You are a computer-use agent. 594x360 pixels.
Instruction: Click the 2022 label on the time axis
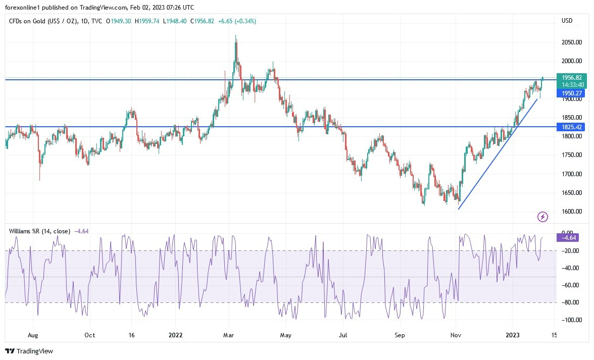[175, 335]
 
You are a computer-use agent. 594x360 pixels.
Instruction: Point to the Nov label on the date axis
[456, 335]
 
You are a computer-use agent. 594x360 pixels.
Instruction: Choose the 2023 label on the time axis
[513, 335]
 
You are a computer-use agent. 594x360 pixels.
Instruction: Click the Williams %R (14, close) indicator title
[39, 231]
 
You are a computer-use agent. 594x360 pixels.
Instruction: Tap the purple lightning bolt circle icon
[542, 217]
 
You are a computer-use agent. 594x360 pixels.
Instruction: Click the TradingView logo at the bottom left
[29, 351]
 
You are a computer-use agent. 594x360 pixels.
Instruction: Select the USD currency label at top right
[567, 21]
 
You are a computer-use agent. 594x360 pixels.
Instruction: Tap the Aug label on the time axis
[33, 335]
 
